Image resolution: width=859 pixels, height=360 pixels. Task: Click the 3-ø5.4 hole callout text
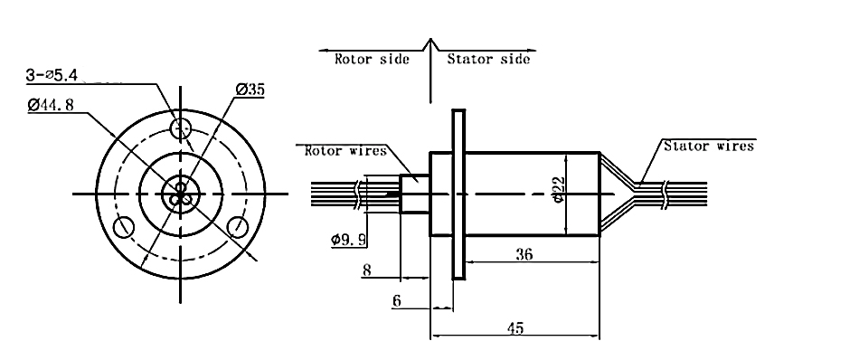[52, 75]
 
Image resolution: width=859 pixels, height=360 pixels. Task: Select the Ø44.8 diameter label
[51, 104]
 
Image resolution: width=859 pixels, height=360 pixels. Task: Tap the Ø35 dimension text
[250, 90]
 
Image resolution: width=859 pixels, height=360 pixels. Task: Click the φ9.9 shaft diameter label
[348, 240]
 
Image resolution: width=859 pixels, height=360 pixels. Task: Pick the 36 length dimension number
[524, 253]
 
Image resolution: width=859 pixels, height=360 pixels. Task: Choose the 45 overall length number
[515, 327]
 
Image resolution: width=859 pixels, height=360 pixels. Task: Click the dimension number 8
[367, 270]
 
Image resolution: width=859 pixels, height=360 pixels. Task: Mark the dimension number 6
[397, 300]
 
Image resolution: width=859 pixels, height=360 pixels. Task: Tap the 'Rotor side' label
[372, 59]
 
